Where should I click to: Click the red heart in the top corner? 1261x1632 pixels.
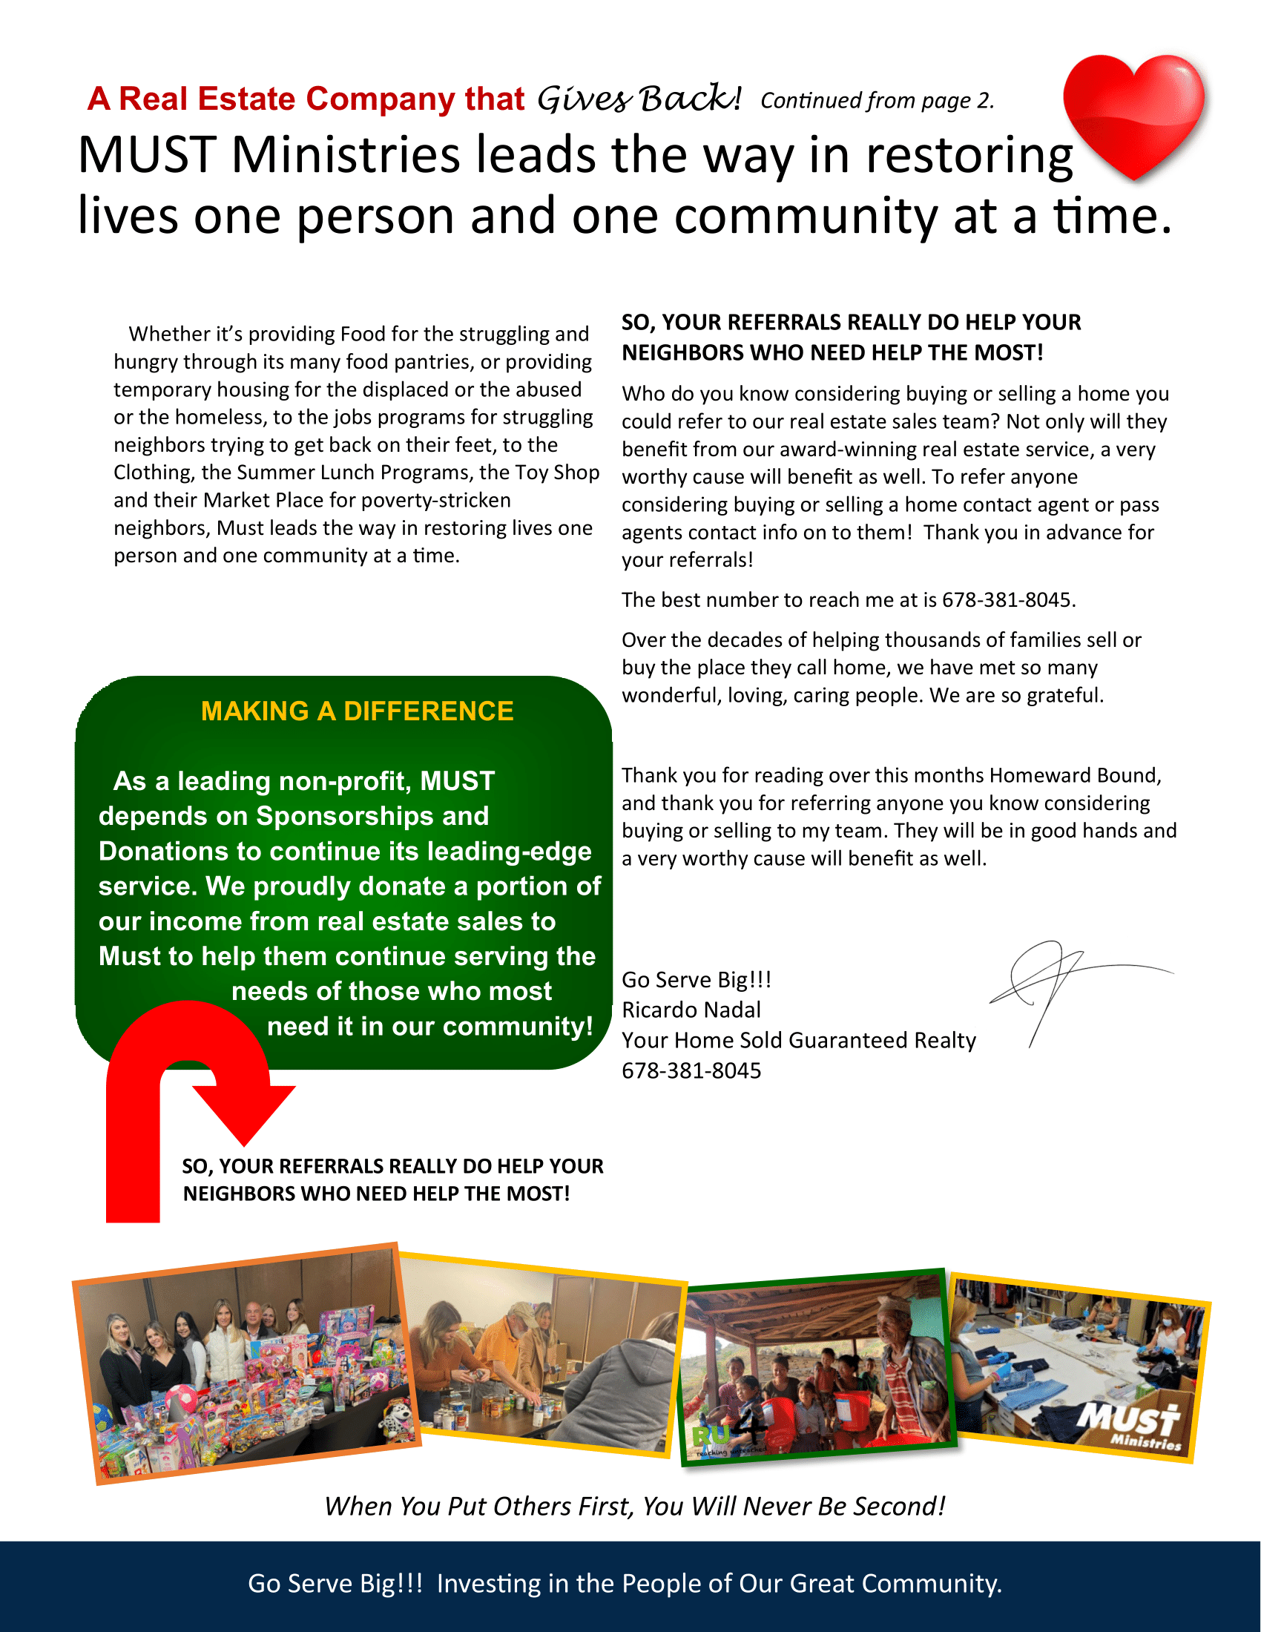(1134, 112)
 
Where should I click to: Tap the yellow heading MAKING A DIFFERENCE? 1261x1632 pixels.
(357, 711)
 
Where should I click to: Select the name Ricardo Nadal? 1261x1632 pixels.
(691, 1010)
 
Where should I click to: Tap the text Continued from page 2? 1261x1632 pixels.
(877, 100)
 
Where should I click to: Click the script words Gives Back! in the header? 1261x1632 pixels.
(639, 99)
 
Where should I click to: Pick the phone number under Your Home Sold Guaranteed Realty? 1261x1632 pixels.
(691, 1070)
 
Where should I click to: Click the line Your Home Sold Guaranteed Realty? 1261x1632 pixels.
(799, 1040)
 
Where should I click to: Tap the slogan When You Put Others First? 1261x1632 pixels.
(635, 1506)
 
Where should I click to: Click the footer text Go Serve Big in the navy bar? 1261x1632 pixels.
(335, 1584)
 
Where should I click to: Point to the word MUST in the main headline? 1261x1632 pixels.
(146, 156)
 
